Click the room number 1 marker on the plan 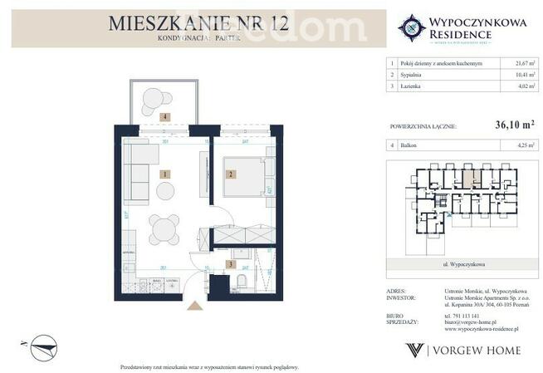pyautogui.click(x=165, y=174)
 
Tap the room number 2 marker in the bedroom pyautogui.click(x=232, y=174)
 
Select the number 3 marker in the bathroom pyautogui.click(x=231, y=264)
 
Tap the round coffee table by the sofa pyautogui.click(x=166, y=191)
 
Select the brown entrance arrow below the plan pyautogui.click(x=194, y=306)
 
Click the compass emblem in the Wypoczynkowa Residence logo pyautogui.click(x=412, y=27)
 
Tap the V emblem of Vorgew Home pyautogui.click(x=413, y=351)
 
